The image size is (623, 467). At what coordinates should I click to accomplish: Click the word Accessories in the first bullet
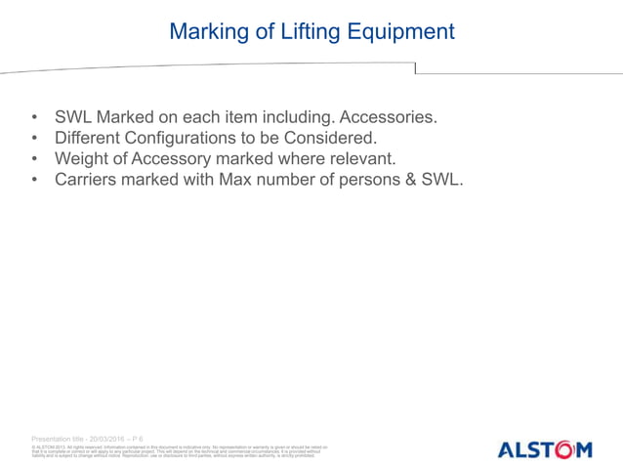(383, 117)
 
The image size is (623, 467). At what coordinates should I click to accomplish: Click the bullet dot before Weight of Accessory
(36, 159)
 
